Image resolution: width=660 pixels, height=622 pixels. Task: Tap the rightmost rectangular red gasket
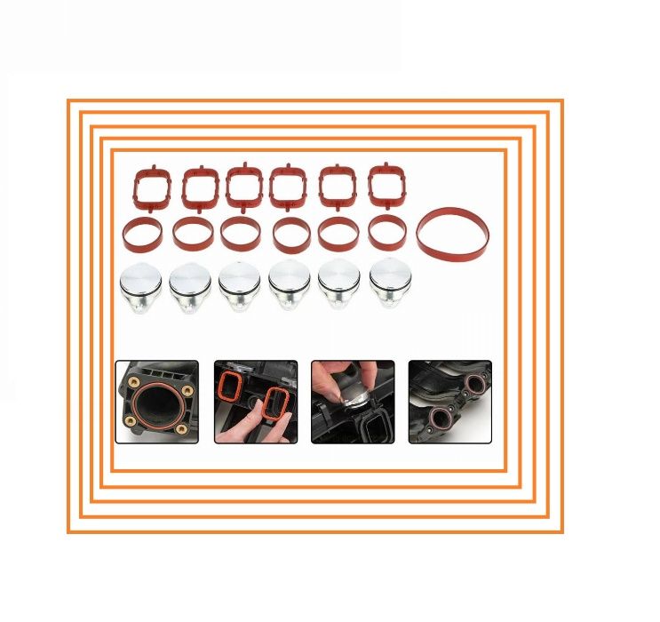pyautogui.click(x=386, y=186)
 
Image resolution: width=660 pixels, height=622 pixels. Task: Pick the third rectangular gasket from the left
pyautogui.click(x=243, y=187)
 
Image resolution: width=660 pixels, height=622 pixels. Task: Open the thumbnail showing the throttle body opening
pyautogui.click(x=157, y=402)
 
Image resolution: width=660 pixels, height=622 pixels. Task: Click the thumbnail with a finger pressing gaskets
pyautogui.click(x=256, y=402)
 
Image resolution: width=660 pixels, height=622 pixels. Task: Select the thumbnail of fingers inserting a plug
pyautogui.click(x=353, y=402)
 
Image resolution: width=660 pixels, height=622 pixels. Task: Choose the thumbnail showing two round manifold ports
pyautogui.click(x=449, y=402)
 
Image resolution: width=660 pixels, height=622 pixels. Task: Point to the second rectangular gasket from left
pyautogui.click(x=200, y=187)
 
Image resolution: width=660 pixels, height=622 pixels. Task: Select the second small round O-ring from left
pyautogui.click(x=192, y=234)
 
